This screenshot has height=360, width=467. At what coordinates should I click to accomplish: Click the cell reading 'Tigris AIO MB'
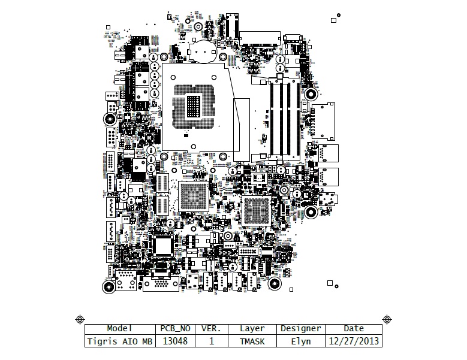119,341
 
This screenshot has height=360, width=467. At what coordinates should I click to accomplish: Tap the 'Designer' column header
300,328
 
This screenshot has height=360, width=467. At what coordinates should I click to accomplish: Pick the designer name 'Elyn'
300,341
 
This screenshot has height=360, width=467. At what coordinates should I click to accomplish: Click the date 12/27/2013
354,341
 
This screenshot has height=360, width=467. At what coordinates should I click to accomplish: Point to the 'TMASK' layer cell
252,341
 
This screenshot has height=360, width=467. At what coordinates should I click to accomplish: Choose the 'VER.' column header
211,328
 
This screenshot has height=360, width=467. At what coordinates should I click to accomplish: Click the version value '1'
211,341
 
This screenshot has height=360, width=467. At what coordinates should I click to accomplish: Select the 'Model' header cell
119,328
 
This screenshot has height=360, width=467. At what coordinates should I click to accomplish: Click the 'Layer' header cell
252,328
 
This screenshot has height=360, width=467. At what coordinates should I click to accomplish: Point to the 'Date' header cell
354,328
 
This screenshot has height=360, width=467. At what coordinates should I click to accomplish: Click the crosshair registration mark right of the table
387,319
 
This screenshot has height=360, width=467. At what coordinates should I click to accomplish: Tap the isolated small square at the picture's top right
333,20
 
